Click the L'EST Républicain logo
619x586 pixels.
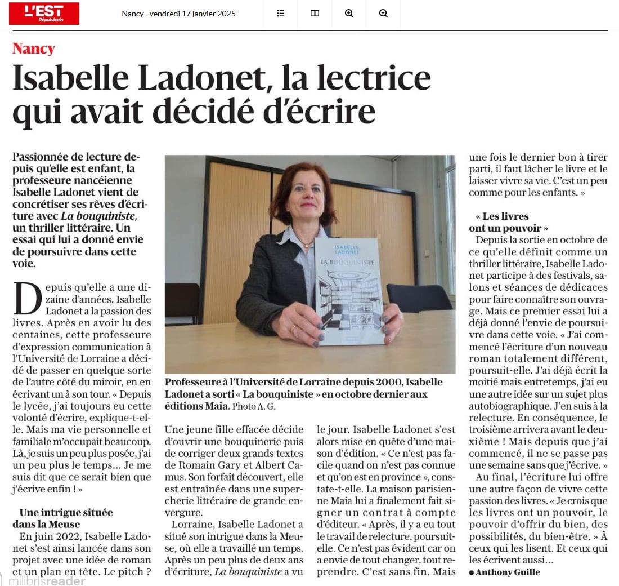click(x=44, y=14)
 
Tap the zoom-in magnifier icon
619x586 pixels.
click(x=349, y=14)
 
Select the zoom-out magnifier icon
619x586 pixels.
click(x=383, y=14)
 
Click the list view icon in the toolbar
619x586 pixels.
click(x=280, y=14)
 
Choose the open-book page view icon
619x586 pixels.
click(x=315, y=14)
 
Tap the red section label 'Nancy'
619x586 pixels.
click(x=34, y=48)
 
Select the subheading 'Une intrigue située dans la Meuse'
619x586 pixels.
click(x=66, y=518)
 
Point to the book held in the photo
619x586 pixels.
click(x=349, y=290)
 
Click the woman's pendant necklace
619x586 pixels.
click(x=307, y=245)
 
